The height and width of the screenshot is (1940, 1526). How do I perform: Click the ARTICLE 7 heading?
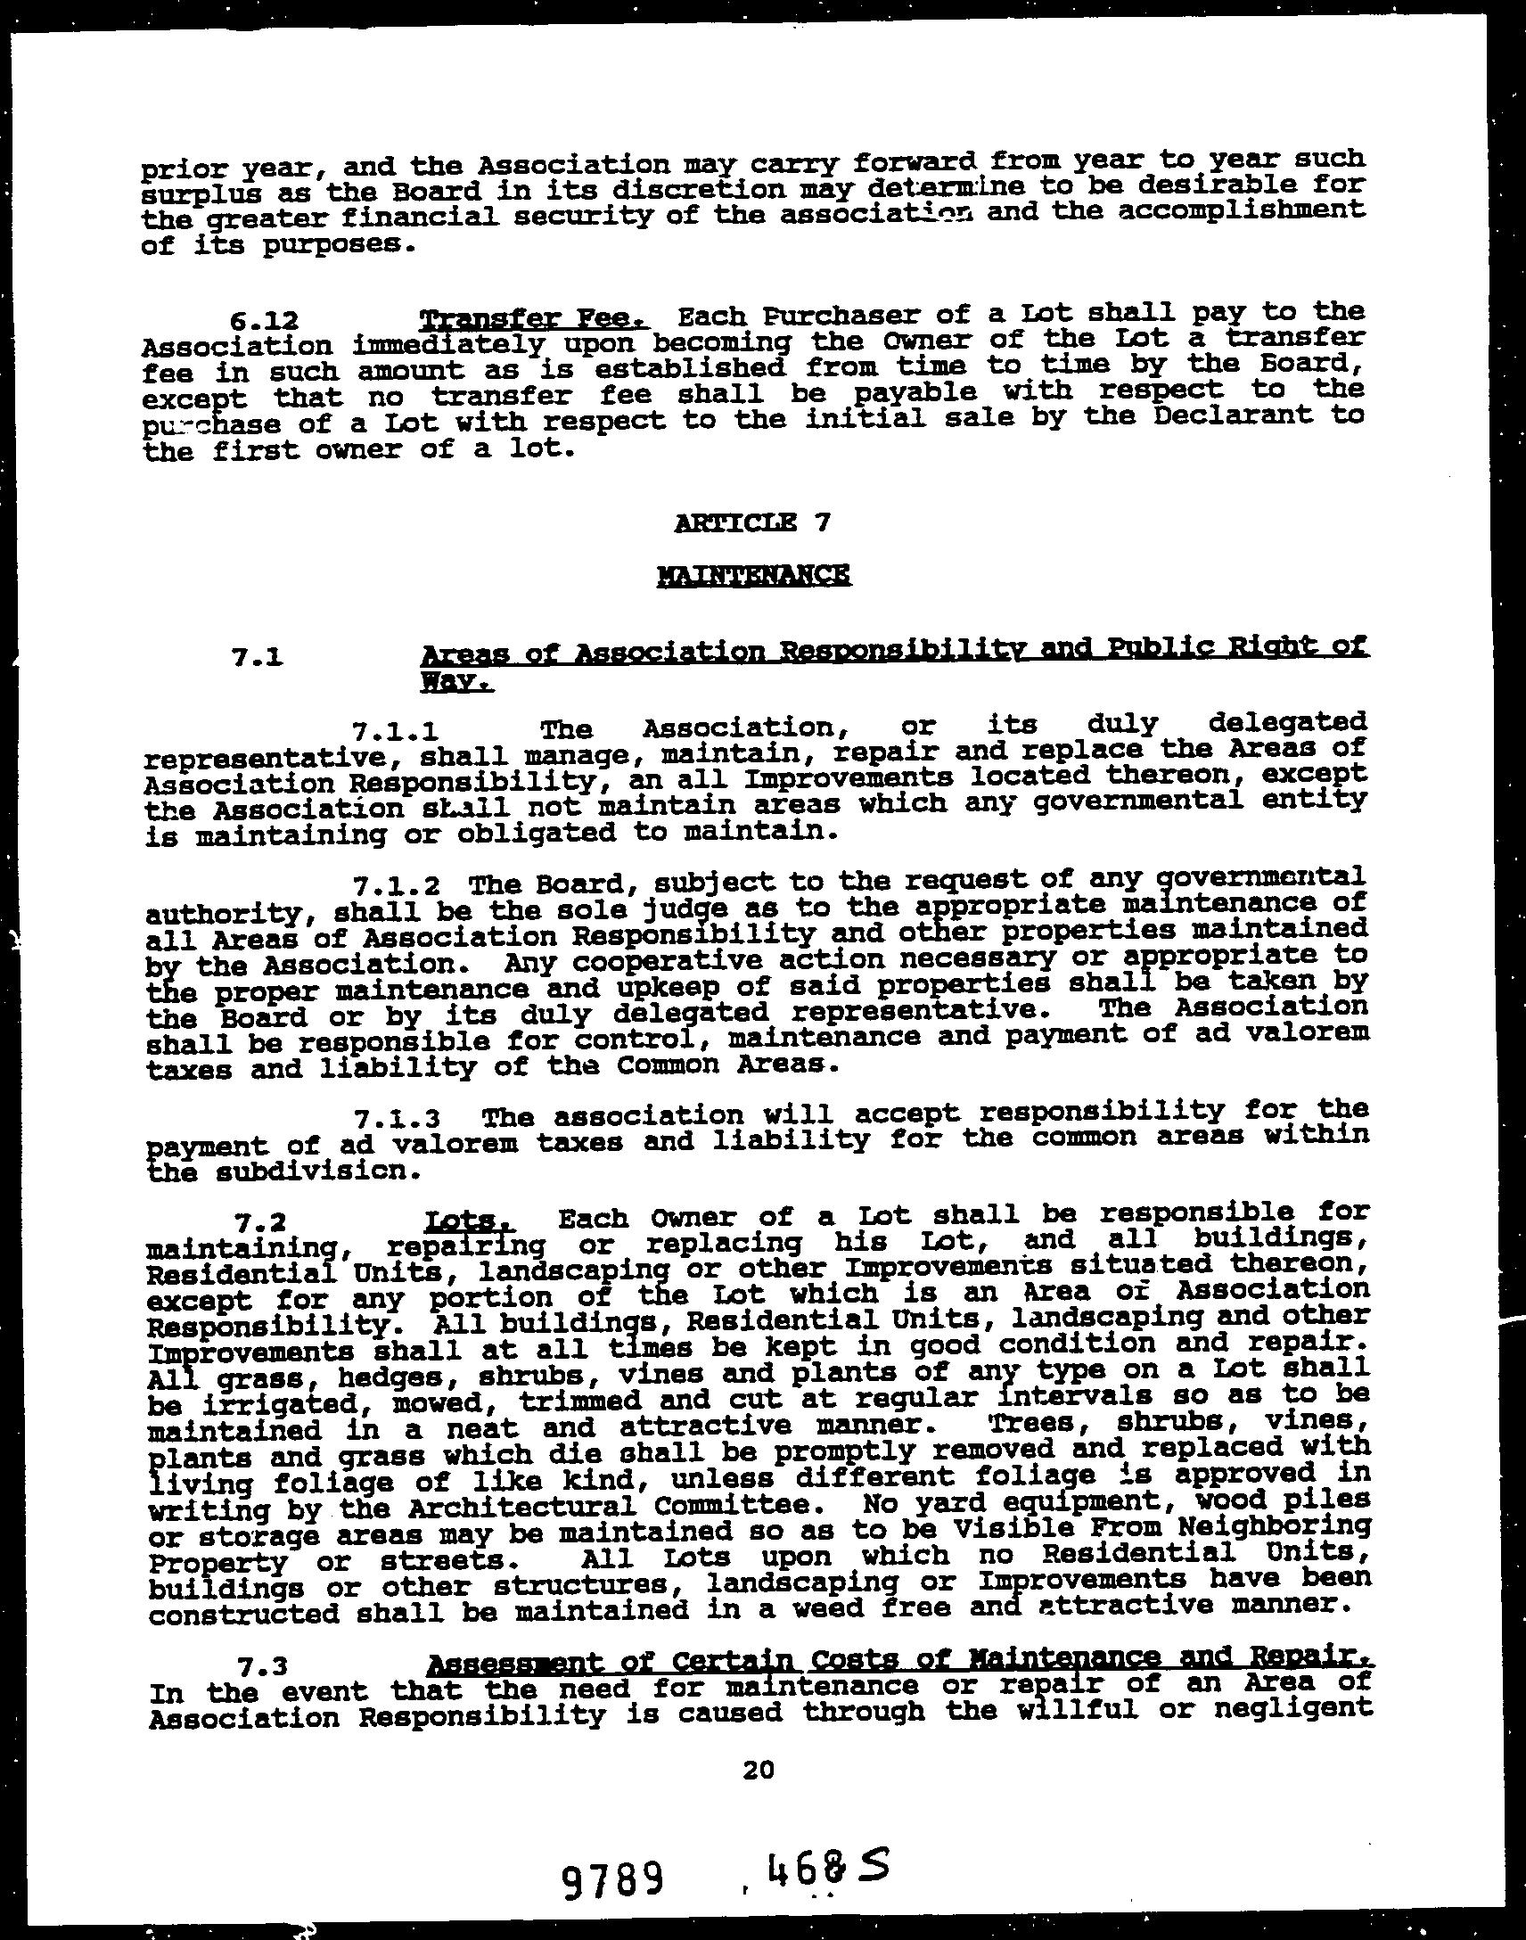[753, 522]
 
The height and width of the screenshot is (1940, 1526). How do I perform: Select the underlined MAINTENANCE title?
[753, 573]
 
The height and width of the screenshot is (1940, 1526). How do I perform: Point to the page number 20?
[757, 1770]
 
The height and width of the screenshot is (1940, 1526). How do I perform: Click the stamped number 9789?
[613, 1879]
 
